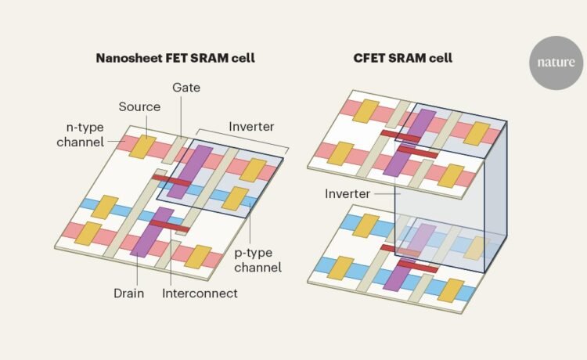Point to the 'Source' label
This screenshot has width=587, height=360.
point(140,106)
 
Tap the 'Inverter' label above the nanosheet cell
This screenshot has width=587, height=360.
point(251,125)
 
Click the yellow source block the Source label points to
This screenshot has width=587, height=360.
point(142,146)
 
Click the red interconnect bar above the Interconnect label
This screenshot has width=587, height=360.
point(167,225)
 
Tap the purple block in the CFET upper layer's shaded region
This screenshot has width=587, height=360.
point(420,123)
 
